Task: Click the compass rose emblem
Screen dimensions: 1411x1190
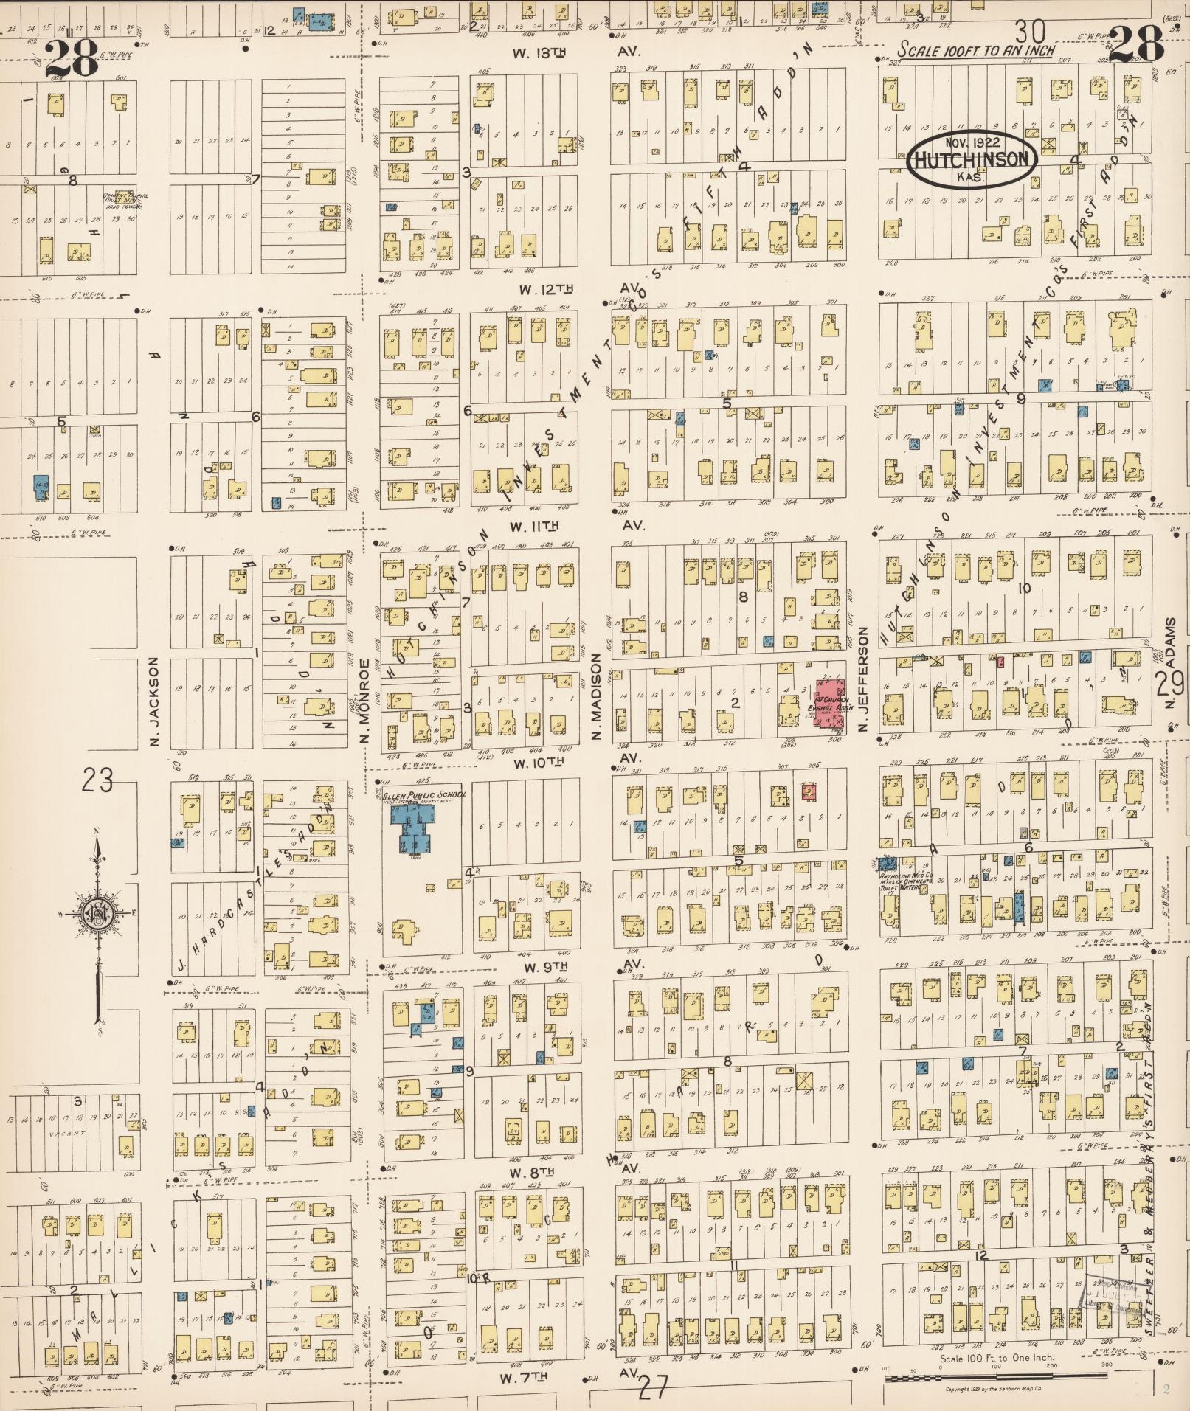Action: (x=97, y=912)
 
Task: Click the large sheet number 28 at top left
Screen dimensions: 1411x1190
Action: (x=72, y=58)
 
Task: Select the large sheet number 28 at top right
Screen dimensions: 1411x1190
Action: (x=1136, y=44)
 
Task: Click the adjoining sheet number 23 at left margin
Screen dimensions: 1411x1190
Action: (x=97, y=780)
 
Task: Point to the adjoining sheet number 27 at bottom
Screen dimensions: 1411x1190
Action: (x=653, y=1389)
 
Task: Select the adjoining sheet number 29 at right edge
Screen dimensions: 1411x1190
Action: (x=1172, y=684)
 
